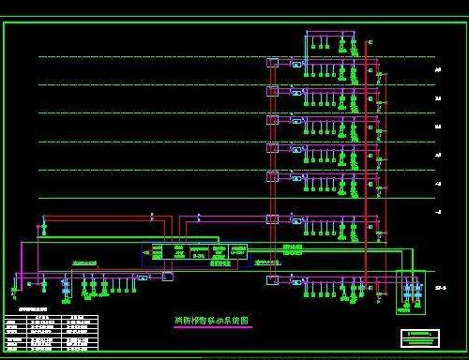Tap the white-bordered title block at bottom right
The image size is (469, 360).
(418, 335)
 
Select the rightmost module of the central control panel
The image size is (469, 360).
(243, 252)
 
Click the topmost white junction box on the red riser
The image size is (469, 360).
(272, 63)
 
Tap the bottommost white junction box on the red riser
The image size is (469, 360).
(272, 279)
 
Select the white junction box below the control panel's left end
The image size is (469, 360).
(167, 277)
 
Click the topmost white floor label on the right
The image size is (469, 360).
(438, 68)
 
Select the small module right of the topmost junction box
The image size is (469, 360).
(296, 65)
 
